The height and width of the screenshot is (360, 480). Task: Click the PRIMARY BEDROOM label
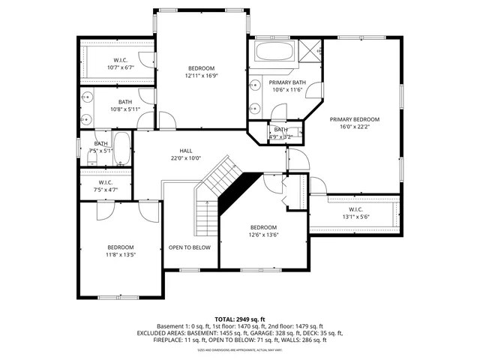(355, 119)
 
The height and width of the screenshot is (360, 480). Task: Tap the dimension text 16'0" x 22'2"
(355, 127)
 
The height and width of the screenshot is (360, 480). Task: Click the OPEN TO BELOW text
(189, 247)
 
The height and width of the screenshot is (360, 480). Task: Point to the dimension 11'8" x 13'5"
(120, 255)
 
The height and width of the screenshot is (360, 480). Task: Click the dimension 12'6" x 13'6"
(263, 235)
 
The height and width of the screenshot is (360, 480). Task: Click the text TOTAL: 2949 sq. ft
(239, 319)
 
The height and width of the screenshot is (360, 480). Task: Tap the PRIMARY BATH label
(288, 82)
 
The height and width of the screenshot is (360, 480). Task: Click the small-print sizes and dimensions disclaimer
(239, 349)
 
